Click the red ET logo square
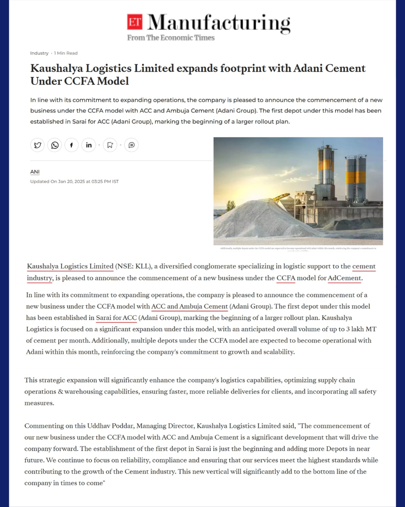[135, 22]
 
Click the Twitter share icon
[37, 145]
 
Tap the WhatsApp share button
[55, 145]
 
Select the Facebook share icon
[72, 145]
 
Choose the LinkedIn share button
[89, 145]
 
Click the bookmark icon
[110, 145]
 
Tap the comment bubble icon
[132, 145]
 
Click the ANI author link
[35, 172]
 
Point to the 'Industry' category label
[39, 53]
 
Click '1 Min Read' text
[66, 53]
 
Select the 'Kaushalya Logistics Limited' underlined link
[70, 266]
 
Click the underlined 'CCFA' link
[286, 278]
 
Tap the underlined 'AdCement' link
[345, 278]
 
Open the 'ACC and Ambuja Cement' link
[189, 306]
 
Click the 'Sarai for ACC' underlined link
[116, 318]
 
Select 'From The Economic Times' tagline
[171, 38]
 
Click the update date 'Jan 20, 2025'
[71, 181]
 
